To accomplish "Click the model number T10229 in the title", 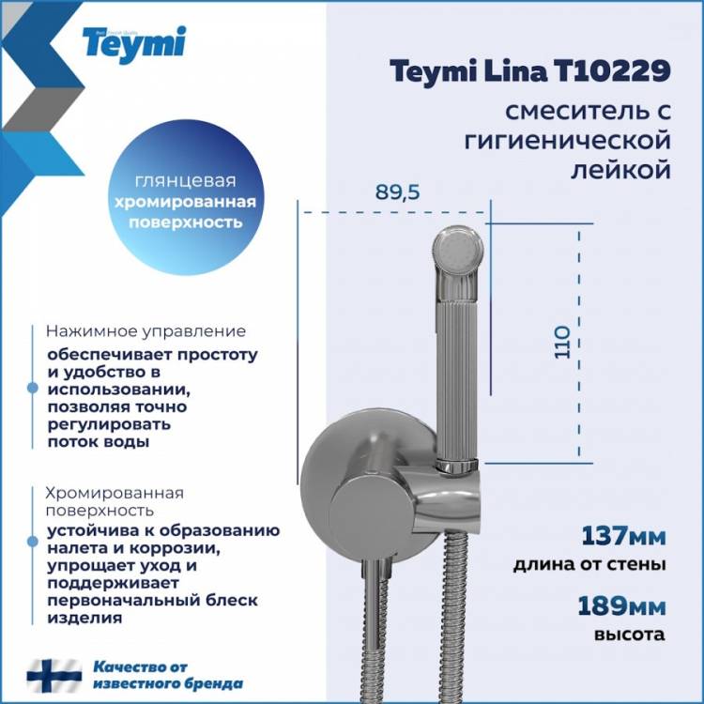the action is pyautogui.click(x=613, y=71).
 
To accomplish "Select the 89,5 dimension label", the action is pyautogui.click(x=397, y=192).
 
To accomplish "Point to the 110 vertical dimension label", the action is pyautogui.click(x=562, y=342).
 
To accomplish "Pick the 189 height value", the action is pyautogui.click(x=603, y=606).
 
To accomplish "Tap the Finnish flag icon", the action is pyautogui.click(x=54, y=676).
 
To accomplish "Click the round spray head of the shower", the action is pyautogui.click(x=457, y=250).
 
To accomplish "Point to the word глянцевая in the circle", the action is pyautogui.click(x=186, y=181).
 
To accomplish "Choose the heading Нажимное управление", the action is pyautogui.click(x=145, y=331).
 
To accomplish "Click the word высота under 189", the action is pyautogui.click(x=630, y=635).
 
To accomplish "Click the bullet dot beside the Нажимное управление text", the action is pyautogui.click(x=32, y=388).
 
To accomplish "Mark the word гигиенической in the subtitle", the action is pyautogui.click(x=568, y=141).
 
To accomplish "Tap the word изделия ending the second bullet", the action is pyautogui.click(x=84, y=619).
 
